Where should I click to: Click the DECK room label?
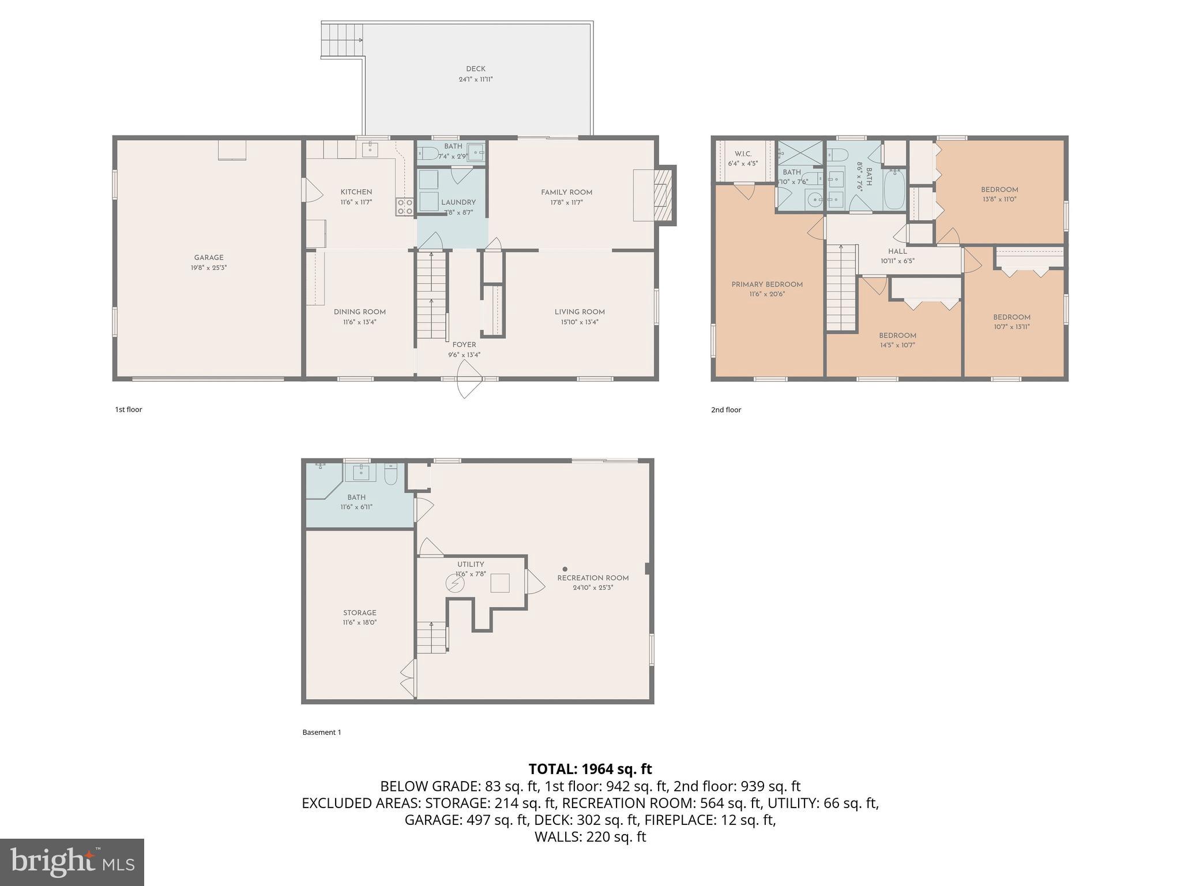tap(475, 69)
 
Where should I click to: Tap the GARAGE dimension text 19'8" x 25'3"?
tap(209, 268)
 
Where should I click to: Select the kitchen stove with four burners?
tap(404, 207)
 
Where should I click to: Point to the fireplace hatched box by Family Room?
tap(664, 194)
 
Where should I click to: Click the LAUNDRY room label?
tap(458, 202)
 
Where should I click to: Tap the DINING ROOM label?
tap(359, 312)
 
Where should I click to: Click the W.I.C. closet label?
tap(743, 154)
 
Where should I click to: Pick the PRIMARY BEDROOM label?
tap(767, 284)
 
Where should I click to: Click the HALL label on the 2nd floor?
tap(897, 251)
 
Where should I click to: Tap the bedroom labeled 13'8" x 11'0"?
tap(999, 194)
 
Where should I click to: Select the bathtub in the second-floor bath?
tap(894, 189)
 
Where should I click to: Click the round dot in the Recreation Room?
tap(565, 569)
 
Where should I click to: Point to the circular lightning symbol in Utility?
tap(455, 584)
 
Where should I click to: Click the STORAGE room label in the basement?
tap(359, 613)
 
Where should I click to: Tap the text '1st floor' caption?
tap(128, 410)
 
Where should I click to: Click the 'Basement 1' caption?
tap(322, 732)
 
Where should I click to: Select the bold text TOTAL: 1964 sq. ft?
tap(590, 769)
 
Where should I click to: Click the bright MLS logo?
tap(72, 862)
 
